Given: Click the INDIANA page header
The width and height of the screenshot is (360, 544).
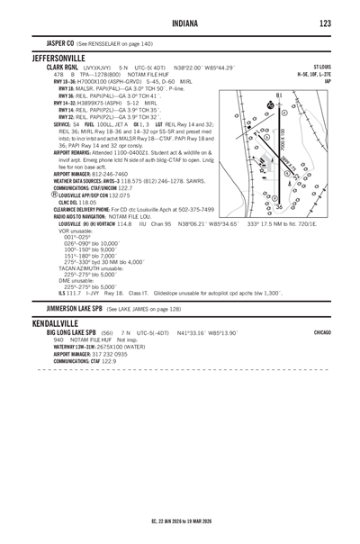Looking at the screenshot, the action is [x=180, y=23].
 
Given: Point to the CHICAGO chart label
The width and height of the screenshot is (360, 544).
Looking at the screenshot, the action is [x=321, y=332].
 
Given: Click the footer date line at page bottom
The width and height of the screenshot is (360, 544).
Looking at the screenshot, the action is [x=180, y=521].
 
